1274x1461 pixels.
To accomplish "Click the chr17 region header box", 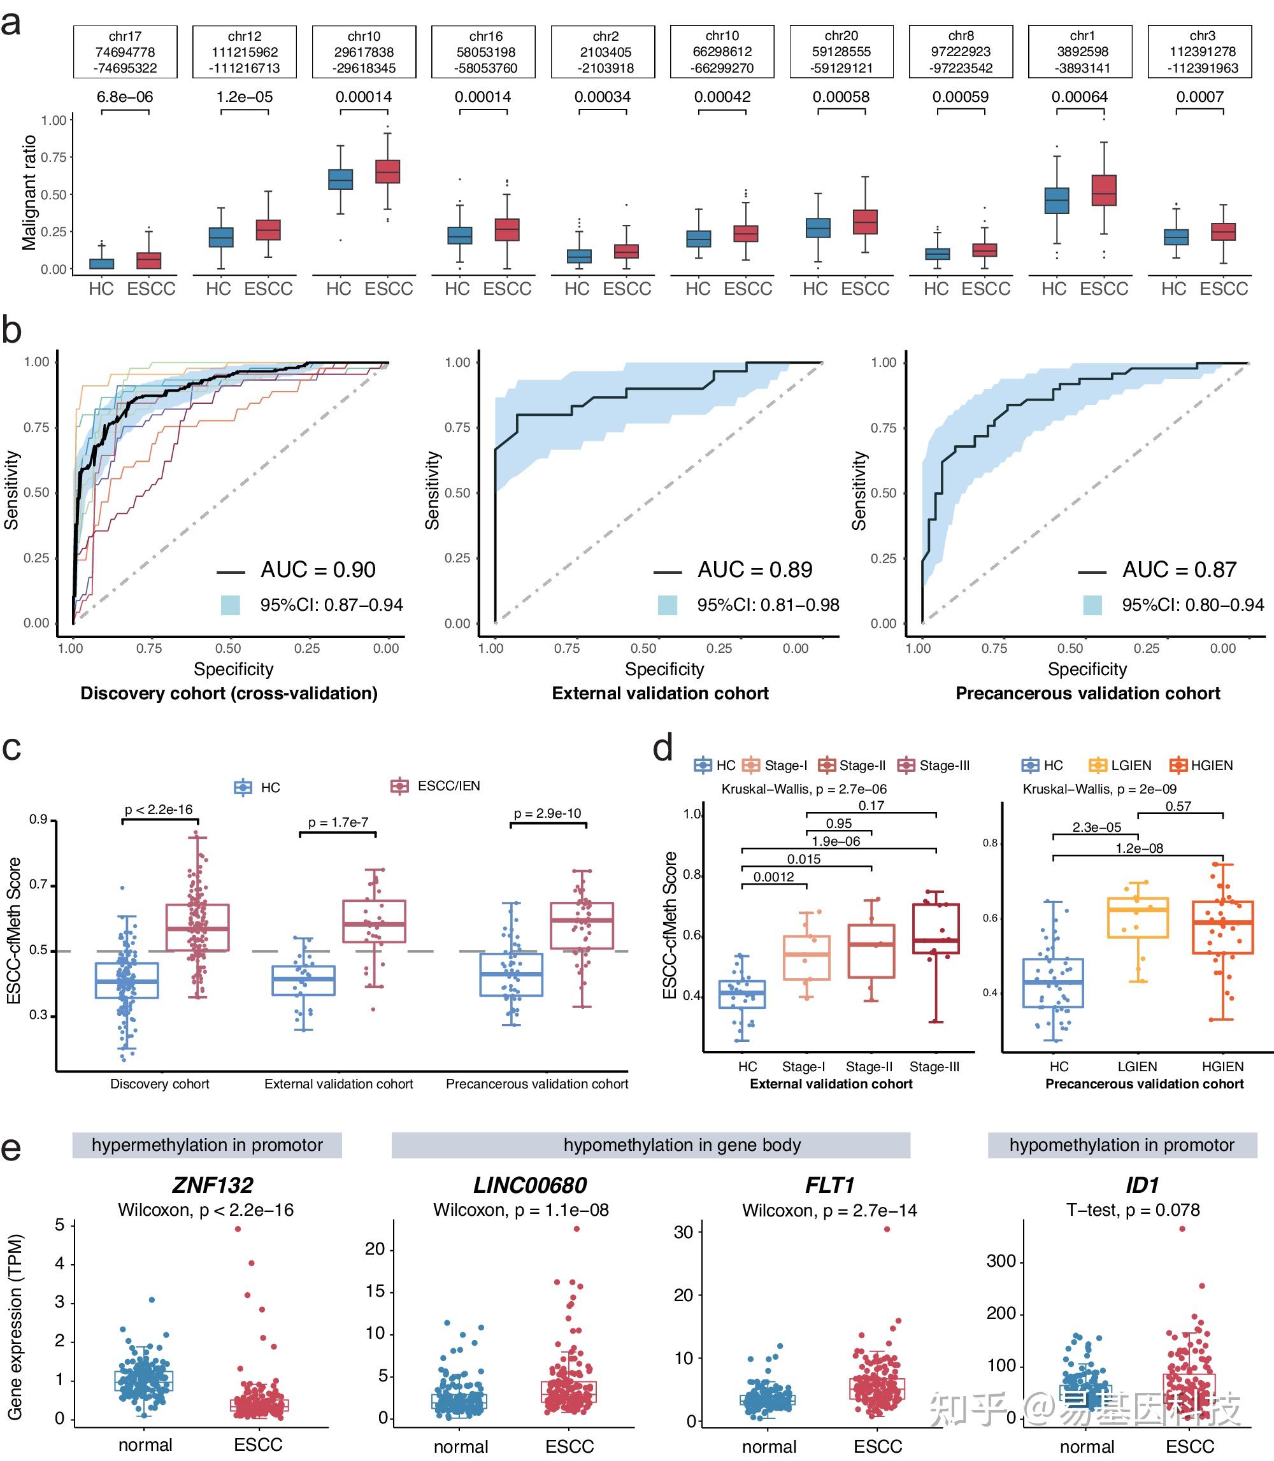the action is pos(125,52).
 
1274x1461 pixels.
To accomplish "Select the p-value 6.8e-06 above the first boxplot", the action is pos(125,97).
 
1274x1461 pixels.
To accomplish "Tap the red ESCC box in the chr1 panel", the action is pos(1104,190).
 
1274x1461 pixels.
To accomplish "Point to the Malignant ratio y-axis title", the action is pos(29,193).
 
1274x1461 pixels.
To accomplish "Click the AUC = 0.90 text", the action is pos(318,569).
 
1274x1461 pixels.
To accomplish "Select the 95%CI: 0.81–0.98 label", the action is pos(768,605).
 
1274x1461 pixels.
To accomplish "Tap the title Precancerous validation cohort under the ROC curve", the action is pos(1088,693).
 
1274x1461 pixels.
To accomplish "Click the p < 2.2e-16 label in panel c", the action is pos(159,809).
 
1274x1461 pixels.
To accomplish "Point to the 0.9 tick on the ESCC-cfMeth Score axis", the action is pos(38,820).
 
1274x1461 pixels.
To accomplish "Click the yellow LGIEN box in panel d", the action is pos(1138,918).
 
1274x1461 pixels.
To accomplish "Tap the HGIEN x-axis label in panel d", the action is pos(1223,1066).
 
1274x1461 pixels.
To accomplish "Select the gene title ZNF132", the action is pos(213,1185).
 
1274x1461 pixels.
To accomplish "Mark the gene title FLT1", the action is pos(829,1185).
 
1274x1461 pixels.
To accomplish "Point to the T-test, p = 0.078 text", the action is pos(1133,1210).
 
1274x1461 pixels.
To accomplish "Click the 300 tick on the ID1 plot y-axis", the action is pos(1001,1261).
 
